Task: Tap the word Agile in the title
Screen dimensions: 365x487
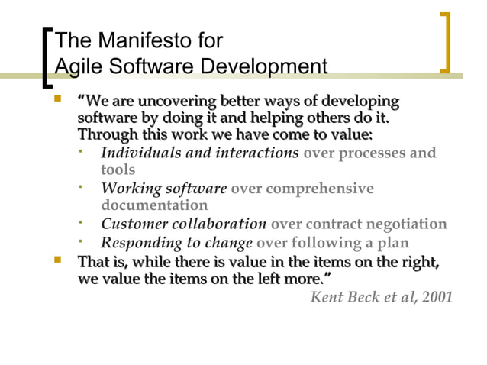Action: pos(78,68)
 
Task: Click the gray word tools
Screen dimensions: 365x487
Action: pos(118,170)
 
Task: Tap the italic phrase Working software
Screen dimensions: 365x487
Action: pos(164,189)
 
